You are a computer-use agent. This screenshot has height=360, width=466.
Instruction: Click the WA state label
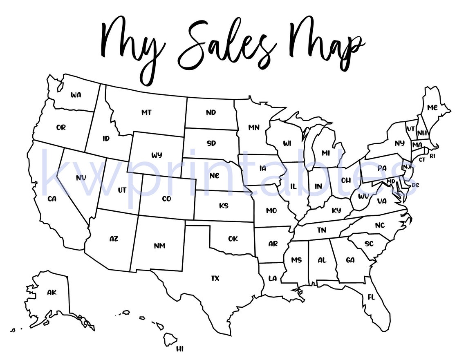[76, 95]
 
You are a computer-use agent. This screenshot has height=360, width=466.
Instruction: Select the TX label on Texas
[215, 279]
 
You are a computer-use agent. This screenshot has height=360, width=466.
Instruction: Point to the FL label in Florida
[371, 297]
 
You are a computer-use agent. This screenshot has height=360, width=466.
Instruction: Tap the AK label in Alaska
[52, 292]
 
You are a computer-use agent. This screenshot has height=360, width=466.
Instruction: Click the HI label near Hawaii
[180, 349]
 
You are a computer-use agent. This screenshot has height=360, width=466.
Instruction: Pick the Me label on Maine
[432, 107]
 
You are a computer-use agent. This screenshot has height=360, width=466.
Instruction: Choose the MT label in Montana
[146, 112]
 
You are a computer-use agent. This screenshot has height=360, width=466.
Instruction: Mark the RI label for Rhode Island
[432, 156]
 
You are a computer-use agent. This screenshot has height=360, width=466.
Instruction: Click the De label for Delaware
[415, 185]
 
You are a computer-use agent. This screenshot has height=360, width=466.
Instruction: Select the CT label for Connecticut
[422, 159]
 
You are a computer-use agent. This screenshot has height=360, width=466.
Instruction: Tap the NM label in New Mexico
[159, 246]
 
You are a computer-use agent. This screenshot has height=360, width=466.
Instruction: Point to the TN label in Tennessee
[322, 230]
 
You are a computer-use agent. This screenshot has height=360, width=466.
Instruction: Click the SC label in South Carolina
[369, 244]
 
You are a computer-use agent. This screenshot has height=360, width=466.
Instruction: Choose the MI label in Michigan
[326, 153]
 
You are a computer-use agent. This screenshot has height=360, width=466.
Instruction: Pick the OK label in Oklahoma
[233, 239]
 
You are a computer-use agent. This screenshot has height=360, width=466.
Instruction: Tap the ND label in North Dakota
[211, 112]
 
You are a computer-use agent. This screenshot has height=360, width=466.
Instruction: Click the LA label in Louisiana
[273, 279]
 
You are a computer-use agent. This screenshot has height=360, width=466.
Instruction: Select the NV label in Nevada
[81, 178]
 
